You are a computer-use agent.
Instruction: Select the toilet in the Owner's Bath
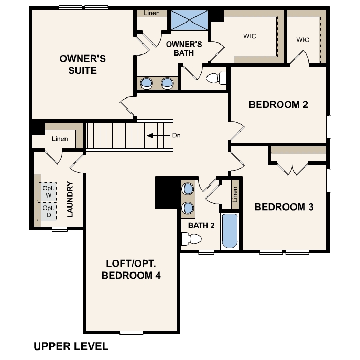(216, 79)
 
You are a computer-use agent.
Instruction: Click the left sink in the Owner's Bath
(147, 82)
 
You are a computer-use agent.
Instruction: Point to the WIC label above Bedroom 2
(302, 40)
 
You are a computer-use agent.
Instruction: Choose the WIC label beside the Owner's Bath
(249, 36)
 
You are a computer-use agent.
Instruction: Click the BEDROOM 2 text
(278, 104)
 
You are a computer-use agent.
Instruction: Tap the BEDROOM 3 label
(283, 207)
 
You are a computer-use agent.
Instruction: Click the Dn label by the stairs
(176, 135)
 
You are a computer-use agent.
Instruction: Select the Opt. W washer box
(49, 192)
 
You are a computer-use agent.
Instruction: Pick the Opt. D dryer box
(49, 212)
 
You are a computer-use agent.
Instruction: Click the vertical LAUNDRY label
(70, 199)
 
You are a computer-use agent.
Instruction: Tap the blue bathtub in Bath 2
(230, 231)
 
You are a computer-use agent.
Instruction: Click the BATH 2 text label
(202, 225)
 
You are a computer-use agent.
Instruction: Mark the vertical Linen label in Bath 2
(235, 194)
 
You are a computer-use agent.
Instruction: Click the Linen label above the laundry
(60, 139)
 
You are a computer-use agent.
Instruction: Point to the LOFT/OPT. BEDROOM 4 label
(131, 269)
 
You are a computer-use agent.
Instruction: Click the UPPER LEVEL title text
(71, 346)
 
